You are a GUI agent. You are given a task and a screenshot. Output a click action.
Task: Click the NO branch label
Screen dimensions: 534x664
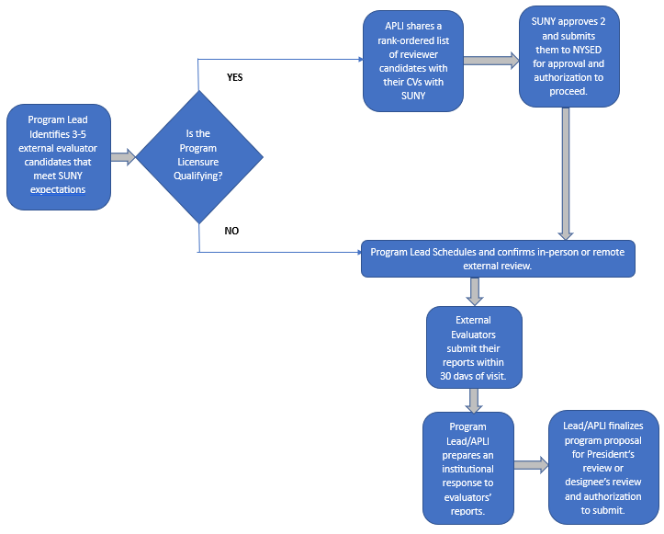click(231, 231)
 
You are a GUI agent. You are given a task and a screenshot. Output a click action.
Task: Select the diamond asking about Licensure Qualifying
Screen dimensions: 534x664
click(198, 155)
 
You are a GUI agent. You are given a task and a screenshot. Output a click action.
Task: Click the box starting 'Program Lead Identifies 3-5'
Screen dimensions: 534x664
click(59, 155)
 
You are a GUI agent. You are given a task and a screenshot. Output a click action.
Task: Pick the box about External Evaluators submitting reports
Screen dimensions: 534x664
click(474, 347)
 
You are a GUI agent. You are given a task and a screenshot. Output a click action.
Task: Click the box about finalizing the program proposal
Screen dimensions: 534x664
click(602, 466)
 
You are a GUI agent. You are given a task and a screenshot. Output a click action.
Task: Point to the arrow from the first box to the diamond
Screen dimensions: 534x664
click(123, 157)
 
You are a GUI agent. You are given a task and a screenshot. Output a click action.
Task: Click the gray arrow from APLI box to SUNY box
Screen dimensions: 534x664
click(490, 61)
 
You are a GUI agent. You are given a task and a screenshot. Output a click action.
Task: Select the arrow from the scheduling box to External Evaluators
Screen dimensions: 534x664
click(475, 290)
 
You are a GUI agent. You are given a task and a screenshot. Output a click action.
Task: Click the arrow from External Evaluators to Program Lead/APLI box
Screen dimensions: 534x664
click(475, 400)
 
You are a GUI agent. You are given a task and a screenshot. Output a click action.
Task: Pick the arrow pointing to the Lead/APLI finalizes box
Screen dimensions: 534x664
click(530, 465)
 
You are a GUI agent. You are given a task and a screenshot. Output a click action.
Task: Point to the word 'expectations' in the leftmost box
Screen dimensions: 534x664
click(59, 189)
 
